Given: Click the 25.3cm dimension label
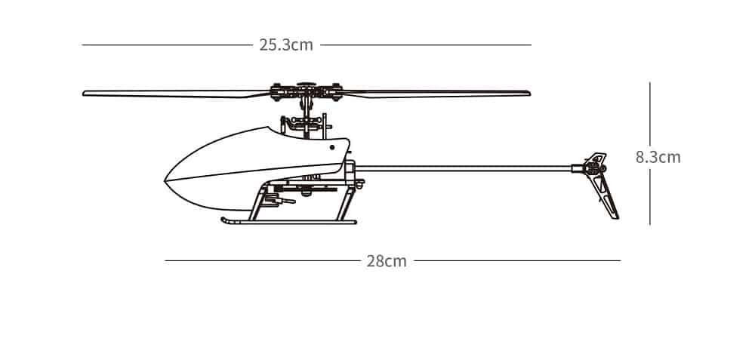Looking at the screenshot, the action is pos(286,45).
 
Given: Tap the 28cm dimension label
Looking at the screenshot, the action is pos(386,261).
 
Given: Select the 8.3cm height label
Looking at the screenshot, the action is pos(658,158).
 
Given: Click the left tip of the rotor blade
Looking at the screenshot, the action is pos(83,94).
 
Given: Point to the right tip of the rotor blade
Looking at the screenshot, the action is pos(530,93).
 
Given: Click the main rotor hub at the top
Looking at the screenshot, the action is pos(306,91).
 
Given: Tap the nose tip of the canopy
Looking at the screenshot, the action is pos(165,180).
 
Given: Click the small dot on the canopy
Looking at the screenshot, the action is pos(331,147).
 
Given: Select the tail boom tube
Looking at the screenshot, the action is pos(464,168).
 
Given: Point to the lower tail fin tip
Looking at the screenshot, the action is pos(616,217).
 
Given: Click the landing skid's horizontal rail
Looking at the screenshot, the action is pos(289,222).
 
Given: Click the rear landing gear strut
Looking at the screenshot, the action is pos(345,202).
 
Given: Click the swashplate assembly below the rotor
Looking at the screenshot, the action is pos(306,125).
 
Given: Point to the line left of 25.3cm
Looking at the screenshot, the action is pos(167,45).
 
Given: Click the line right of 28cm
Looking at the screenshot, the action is pos(518,261).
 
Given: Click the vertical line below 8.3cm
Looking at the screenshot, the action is pos(649,197).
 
